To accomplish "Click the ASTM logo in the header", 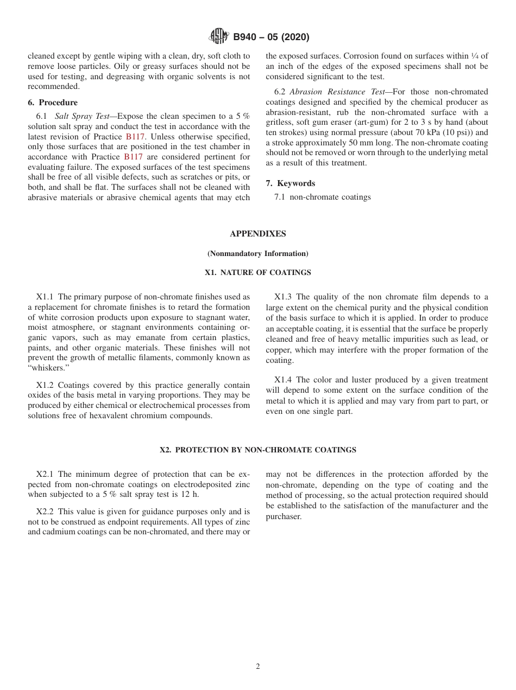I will (219, 37).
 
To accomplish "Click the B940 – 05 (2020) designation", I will (271, 37).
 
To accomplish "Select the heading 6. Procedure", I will (53, 103).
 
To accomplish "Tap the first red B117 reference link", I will (135, 137).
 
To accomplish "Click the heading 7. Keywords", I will (291, 183).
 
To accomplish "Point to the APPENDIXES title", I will (257, 234).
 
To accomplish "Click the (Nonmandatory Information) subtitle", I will (257, 253).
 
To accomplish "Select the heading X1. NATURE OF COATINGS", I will (257, 272).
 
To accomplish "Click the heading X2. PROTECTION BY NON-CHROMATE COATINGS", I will (257, 450).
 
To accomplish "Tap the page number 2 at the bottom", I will (257, 667).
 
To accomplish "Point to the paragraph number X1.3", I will (283, 297).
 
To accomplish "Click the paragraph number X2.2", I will (45, 512).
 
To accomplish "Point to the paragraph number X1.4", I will (283, 380).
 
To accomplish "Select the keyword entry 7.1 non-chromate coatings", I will (323, 197).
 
